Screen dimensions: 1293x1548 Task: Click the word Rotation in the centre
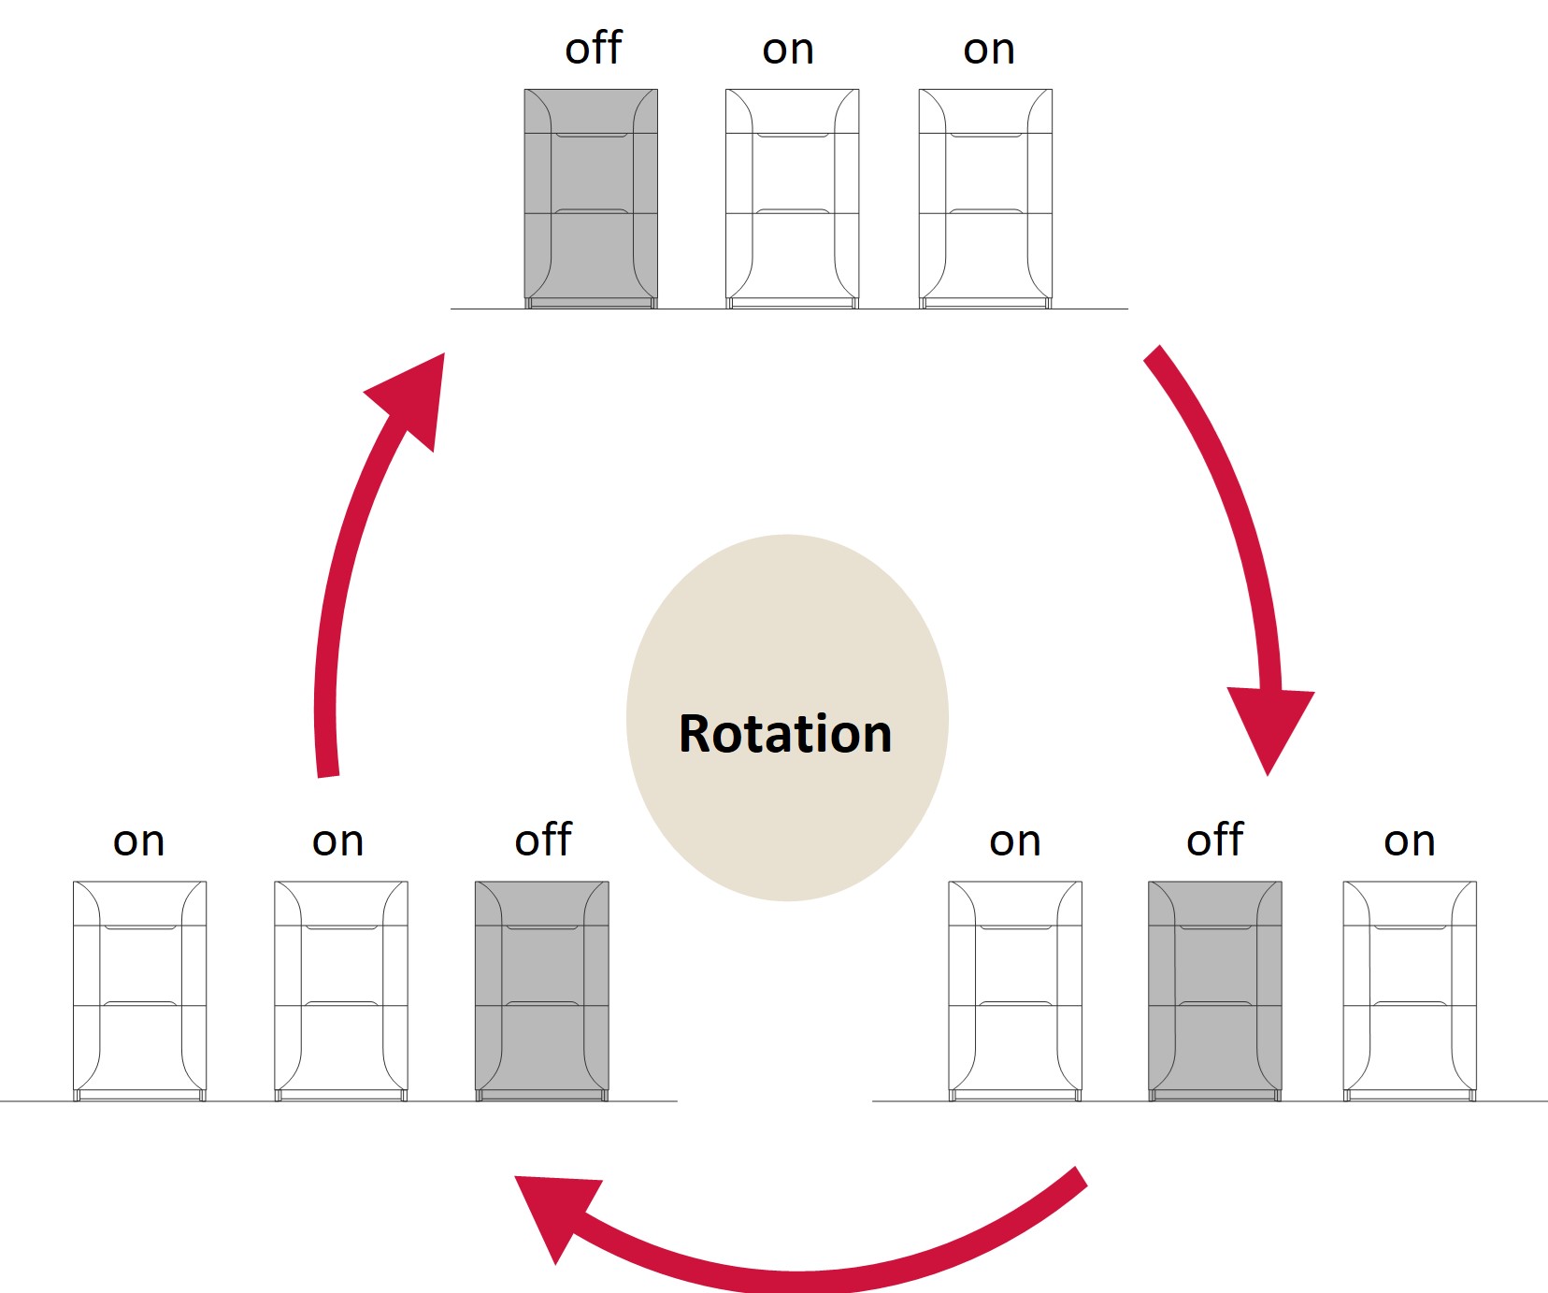coord(785,734)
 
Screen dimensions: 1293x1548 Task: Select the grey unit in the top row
coord(591,198)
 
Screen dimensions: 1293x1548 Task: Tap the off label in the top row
coord(593,49)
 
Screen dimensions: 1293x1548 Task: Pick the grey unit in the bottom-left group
coord(542,990)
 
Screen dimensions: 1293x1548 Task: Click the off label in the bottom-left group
coord(543,840)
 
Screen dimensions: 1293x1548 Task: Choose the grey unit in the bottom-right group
coord(1215,990)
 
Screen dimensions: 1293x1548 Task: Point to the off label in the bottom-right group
coord(1214,840)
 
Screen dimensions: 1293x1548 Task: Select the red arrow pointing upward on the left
coord(355,561)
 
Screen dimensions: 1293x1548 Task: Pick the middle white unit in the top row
coord(793,198)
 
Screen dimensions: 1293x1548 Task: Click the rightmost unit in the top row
coord(985,198)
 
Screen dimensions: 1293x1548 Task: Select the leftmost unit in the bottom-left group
coord(140,990)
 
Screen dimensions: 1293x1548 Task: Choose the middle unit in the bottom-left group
coord(341,990)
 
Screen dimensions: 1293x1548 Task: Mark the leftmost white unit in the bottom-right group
coord(1015,990)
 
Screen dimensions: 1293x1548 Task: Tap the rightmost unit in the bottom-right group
coord(1410,990)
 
